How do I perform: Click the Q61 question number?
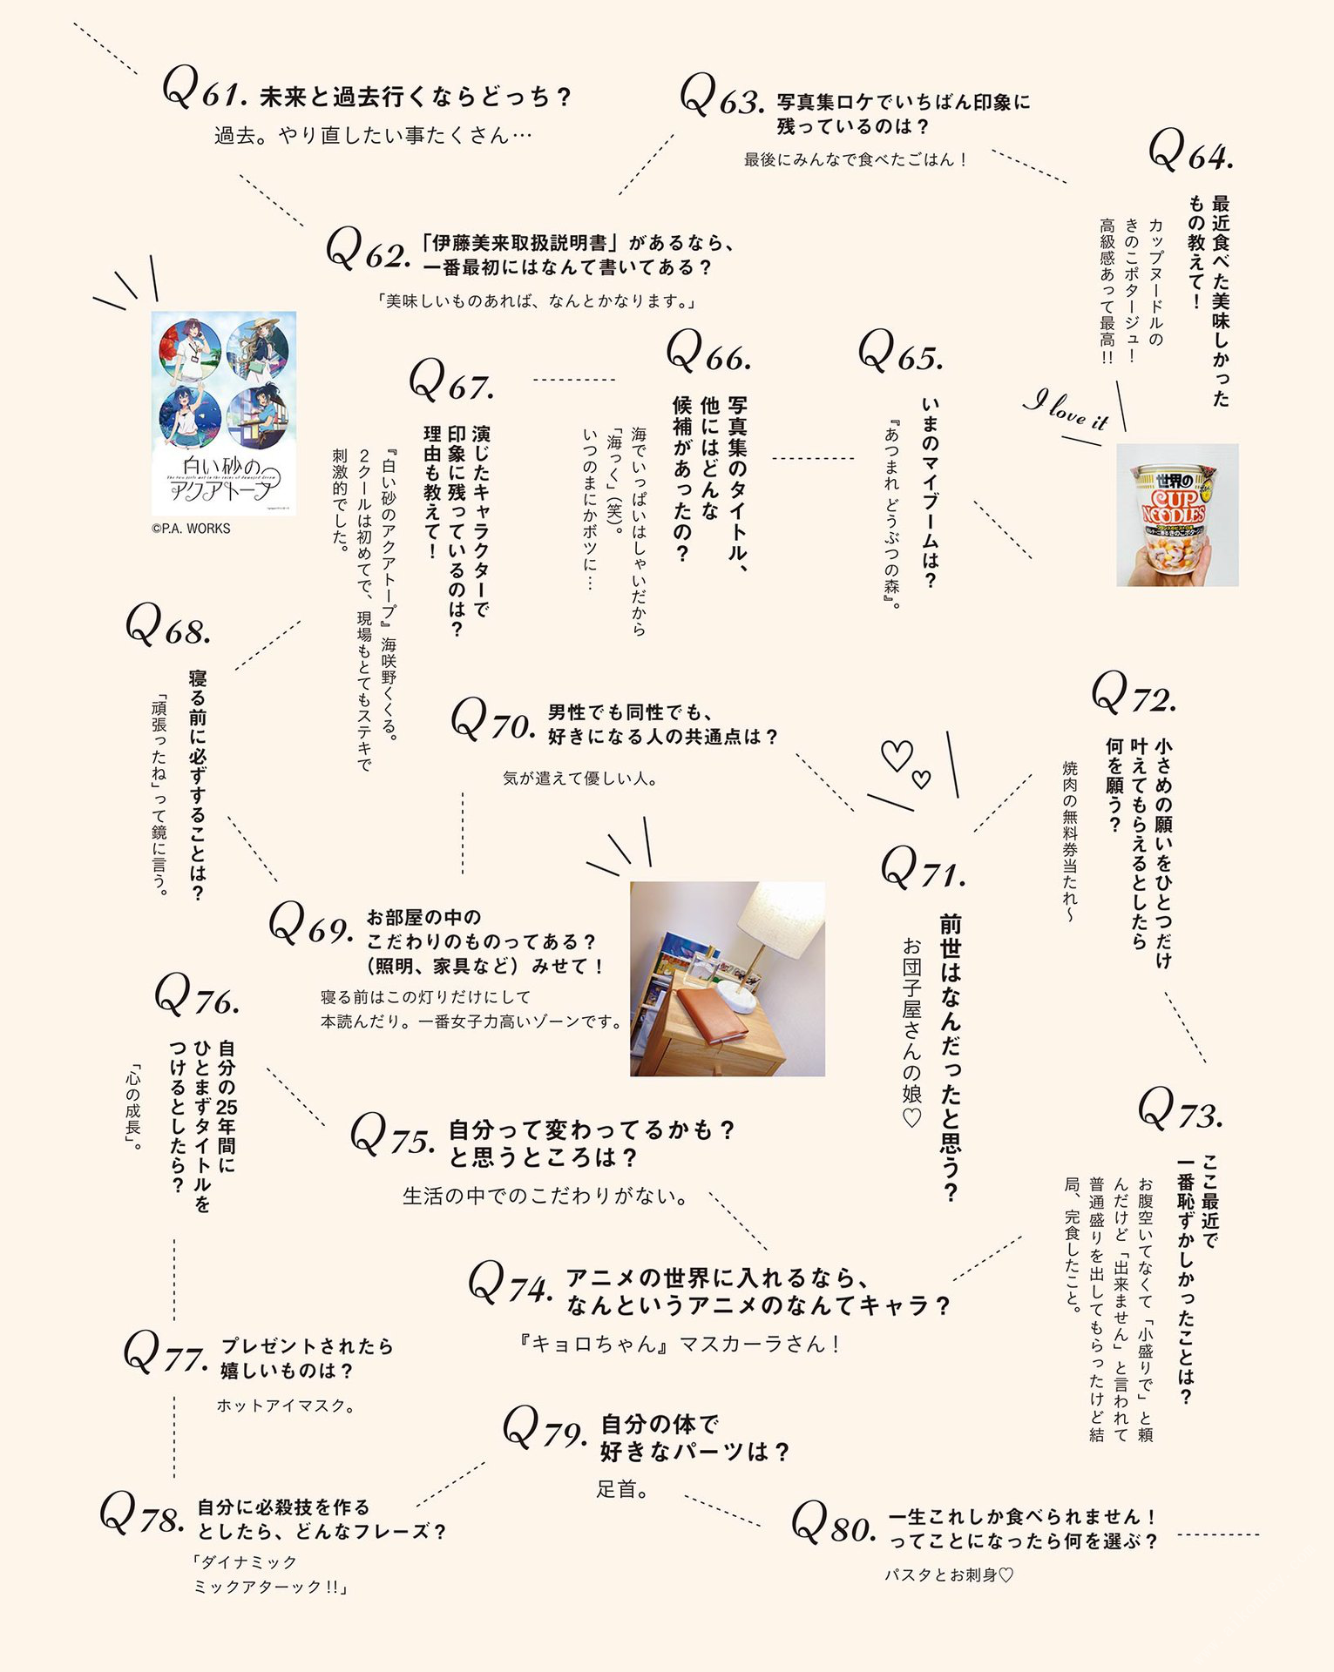pos(206,89)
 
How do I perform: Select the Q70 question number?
pos(492,720)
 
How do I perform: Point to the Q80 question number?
pos(833,1521)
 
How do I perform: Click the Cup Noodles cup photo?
pos(1177,515)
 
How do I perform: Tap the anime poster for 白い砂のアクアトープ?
pos(224,414)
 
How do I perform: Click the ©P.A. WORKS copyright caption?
pos(191,529)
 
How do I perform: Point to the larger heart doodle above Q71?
pos(897,755)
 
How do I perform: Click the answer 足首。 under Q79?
pos(622,1489)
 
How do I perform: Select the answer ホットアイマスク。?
pos(286,1406)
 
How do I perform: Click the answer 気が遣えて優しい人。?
pos(580,779)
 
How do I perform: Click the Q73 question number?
pos(1181,1108)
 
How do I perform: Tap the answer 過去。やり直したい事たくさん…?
pos(373,135)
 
